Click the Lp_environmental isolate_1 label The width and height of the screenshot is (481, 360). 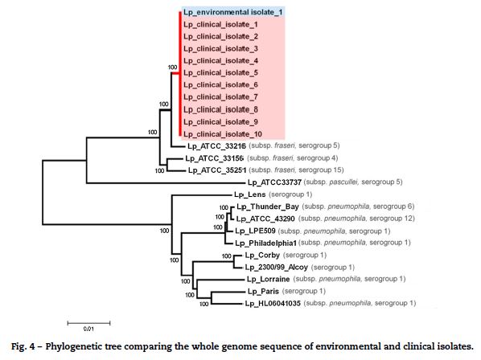(232, 12)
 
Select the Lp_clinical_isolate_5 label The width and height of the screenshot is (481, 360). (220, 73)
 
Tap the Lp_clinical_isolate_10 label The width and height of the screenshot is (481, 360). (223, 134)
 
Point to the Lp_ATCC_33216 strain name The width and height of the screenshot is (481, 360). (216, 146)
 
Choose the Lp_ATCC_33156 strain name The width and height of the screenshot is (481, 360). (215, 158)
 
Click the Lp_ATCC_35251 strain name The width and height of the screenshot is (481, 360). (217, 170)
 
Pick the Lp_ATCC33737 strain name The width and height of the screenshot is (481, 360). (274, 182)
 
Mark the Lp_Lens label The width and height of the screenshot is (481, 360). (249, 194)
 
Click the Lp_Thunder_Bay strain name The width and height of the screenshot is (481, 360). (268, 207)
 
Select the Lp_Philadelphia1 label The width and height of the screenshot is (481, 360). (265, 243)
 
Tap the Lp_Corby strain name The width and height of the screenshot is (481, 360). (262, 256)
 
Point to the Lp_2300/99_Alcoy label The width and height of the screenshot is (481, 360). (276, 267)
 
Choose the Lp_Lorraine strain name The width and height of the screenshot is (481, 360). (268, 279)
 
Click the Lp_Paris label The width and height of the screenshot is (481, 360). (263, 292)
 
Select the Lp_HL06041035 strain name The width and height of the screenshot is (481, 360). (273, 304)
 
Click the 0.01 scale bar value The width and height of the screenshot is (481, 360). (88, 329)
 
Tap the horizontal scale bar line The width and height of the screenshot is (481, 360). (89, 322)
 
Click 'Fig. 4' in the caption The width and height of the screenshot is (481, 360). (23, 346)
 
